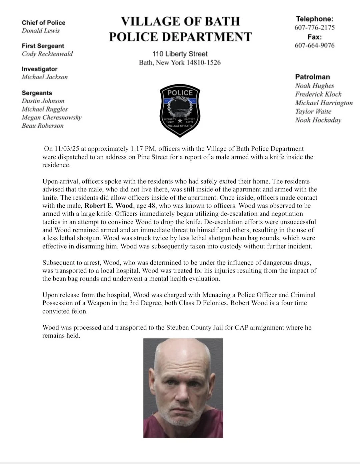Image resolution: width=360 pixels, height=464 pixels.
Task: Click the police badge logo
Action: pyautogui.click(x=180, y=110)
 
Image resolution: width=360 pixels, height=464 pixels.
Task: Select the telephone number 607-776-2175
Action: pyautogui.click(x=314, y=28)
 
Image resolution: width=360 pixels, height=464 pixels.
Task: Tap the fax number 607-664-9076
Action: pyautogui.click(x=314, y=45)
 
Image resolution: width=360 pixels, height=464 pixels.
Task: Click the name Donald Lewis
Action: pyautogui.click(x=41, y=31)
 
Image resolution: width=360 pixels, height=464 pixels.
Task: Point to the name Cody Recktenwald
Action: pyautogui.click(x=47, y=54)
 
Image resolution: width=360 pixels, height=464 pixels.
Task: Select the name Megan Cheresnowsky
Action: pyautogui.click(x=51, y=117)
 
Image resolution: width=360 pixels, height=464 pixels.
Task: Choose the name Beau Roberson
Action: pyautogui.click(x=42, y=126)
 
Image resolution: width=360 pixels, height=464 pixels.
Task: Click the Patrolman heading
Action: pyautogui.click(x=312, y=77)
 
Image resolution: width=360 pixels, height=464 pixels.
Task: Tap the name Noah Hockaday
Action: pyautogui.click(x=318, y=120)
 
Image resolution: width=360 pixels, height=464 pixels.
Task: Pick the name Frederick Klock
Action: pyautogui.click(x=318, y=94)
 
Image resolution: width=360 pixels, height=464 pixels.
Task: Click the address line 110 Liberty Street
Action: pyautogui.click(x=180, y=54)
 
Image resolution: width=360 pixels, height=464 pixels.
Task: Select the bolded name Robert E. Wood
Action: pyautogui.click(x=109, y=206)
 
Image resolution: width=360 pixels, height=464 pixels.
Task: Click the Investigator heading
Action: pyautogui.click(x=39, y=69)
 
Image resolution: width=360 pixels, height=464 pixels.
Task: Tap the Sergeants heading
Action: pyautogui.click(x=37, y=93)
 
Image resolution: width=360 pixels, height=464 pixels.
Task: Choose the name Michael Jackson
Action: pyautogui.click(x=44, y=77)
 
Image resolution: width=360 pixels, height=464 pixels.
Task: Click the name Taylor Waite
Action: pyautogui.click(x=313, y=111)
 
